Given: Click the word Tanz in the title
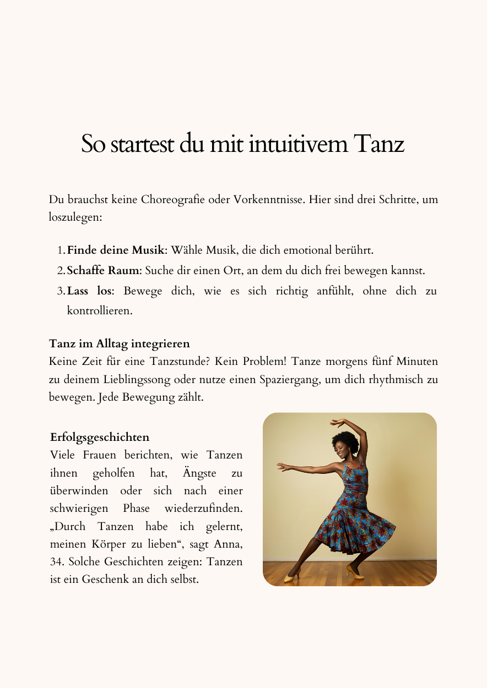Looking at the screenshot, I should click(378, 144).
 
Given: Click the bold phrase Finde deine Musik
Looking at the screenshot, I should click(116, 250).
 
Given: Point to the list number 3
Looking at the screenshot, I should click(61, 291).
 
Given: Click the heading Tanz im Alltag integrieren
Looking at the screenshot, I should click(120, 344).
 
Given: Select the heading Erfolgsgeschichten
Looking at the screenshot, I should click(100, 438).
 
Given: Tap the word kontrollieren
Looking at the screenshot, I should click(100, 310).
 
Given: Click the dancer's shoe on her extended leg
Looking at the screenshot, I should click(290, 577).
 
